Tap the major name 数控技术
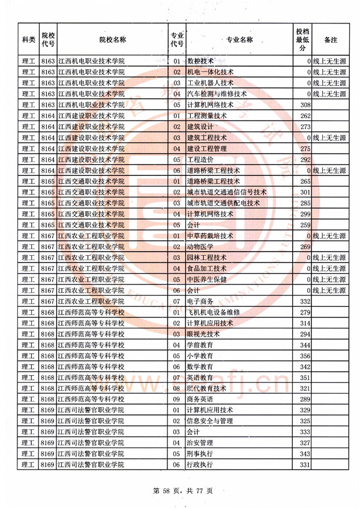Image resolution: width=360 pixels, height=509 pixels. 201,61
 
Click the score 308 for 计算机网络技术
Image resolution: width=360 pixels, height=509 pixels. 304,105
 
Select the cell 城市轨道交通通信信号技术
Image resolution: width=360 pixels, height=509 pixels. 227,192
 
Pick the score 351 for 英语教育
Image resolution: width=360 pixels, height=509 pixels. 304,378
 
